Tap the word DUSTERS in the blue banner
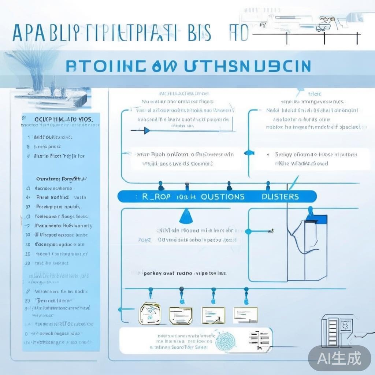tap(280, 197)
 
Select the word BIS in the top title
tap(198, 33)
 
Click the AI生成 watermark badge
tap(339, 358)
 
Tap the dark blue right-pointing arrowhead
tap(146, 130)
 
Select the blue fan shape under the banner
tap(186, 217)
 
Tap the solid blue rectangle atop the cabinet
tap(321, 219)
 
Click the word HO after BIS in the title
tap(238, 33)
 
